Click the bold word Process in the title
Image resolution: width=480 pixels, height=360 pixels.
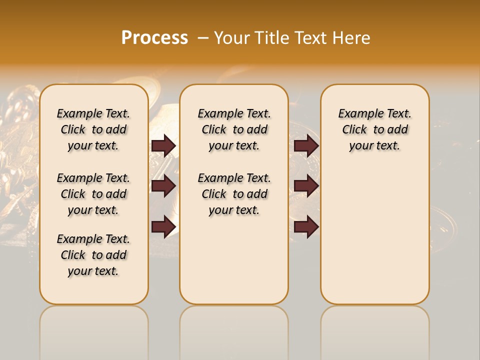154,38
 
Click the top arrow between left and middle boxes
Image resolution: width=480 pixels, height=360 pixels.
163,145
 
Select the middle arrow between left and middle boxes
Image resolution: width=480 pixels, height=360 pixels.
163,186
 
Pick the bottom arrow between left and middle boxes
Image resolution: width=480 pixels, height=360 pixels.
163,227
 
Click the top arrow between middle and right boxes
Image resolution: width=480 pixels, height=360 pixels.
306,145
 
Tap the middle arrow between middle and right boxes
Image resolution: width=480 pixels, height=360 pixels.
306,186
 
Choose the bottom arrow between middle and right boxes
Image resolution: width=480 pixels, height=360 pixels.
306,227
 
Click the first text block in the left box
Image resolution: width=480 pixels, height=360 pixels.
93,129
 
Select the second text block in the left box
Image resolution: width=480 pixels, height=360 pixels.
93,194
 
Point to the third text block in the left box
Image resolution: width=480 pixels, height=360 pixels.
93,255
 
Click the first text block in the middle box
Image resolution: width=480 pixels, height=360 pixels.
234,129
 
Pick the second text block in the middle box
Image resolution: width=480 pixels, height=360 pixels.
234,194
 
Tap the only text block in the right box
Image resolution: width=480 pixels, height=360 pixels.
375,129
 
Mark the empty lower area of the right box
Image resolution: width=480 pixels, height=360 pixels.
375,235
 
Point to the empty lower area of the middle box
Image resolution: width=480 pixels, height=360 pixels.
234,260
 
